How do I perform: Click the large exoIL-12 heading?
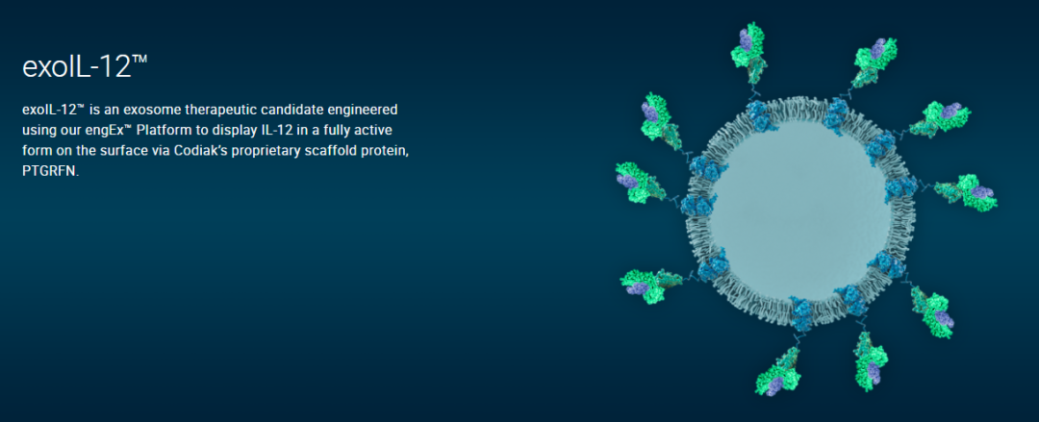click(x=84, y=67)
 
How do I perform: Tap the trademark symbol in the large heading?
click(x=139, y=61)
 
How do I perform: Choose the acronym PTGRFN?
click(x=50, y=171)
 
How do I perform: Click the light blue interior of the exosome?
click(x=799, y=211)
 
